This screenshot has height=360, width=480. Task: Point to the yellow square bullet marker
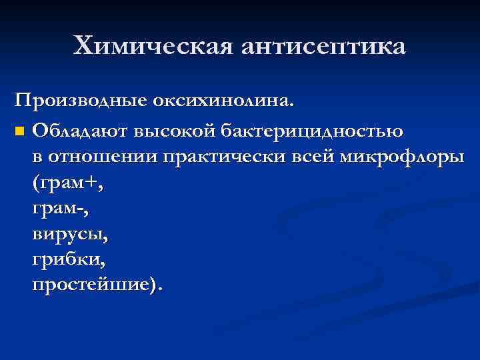[x=21, y=130]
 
